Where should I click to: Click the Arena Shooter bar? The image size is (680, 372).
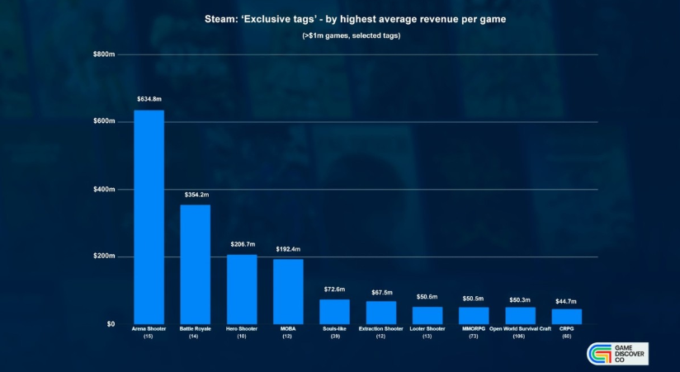coord(149,217)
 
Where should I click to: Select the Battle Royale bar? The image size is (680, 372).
coord(196,264)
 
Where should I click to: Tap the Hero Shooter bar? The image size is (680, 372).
coord(242,289)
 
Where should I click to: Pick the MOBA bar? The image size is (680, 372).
coord(288,291)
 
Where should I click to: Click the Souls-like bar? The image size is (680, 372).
coord(334,311)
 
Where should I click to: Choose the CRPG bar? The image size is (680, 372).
coord(566,316)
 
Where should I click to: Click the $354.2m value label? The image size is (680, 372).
coord(196,194)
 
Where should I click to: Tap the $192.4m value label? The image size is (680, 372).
coord(288,248)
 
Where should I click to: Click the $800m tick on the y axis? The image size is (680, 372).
coord(104,54)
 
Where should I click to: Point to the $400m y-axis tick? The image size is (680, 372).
coord(104,189)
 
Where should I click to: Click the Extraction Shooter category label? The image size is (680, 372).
coord(381,329)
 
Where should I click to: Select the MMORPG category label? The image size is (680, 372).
coord(474,329)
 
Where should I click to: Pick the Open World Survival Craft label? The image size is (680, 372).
coord(520,329)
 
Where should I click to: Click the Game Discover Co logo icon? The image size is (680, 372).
coord(597,353)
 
